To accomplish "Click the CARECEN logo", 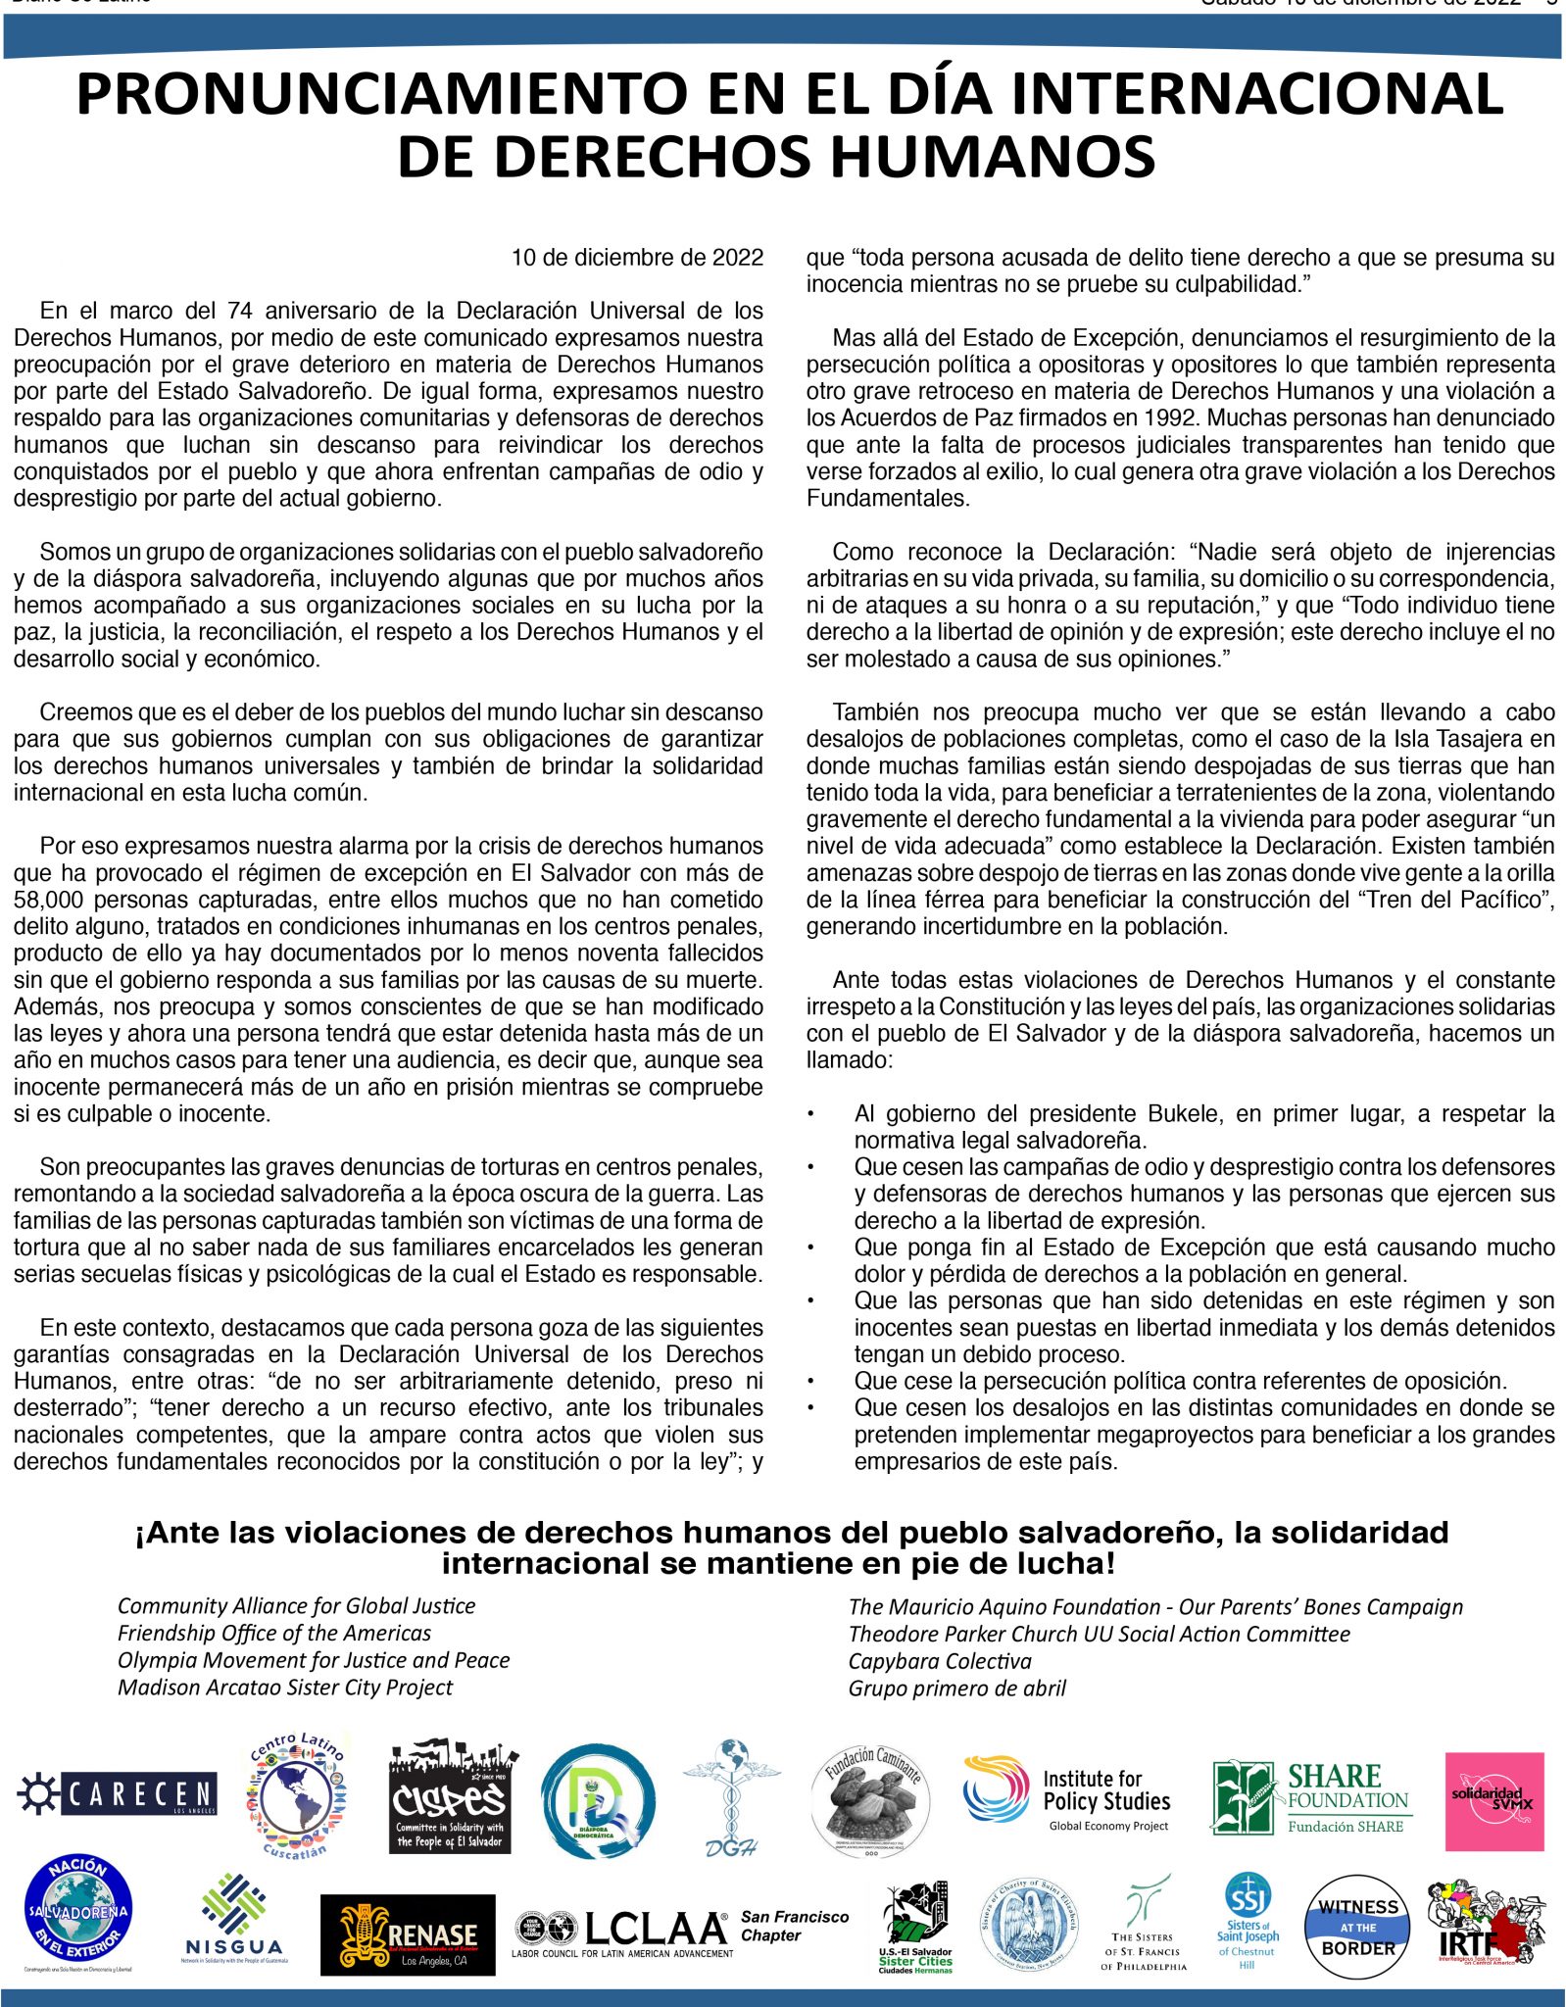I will [x=118, y=1793].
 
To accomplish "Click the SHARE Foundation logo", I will [x=1310, y=1797].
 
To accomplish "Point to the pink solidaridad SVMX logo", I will [x=1493, y=1801].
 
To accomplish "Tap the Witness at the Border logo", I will [x=1357, y=1927].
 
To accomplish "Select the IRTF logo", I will [x=1483, y=1922].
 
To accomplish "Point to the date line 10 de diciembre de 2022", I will [x=637, y=258].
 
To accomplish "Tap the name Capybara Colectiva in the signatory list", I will [x=940, y=1661].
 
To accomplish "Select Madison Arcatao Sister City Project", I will [x=285, y=1688].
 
